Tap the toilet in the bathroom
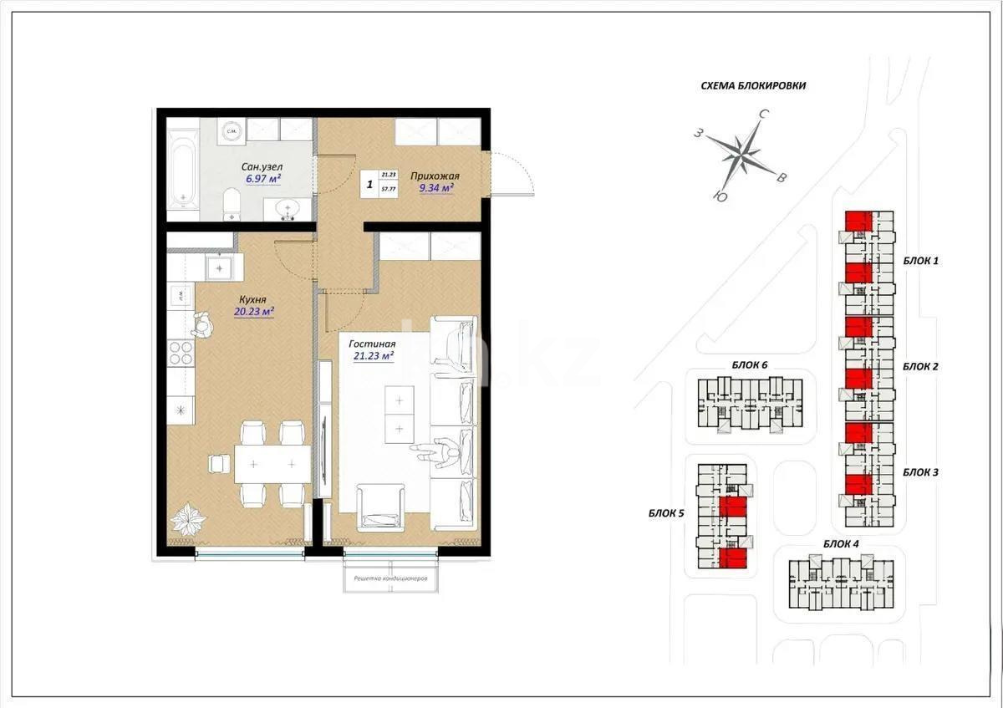pos(232,203)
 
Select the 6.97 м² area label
pos(262,179)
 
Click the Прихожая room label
pos(434,176)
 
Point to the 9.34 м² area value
pos(435,188)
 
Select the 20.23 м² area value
pos(254,312)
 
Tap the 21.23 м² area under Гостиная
pos(373,355)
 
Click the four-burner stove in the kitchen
pos(181,354)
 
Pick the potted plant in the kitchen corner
pos(188,521)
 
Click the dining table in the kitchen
pos(272,463)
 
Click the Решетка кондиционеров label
pos(390,578)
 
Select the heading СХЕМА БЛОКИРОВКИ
pos(754,85)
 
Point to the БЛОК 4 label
pos(841,544)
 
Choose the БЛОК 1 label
pos(920,261)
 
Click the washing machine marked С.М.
pos(233,130)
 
